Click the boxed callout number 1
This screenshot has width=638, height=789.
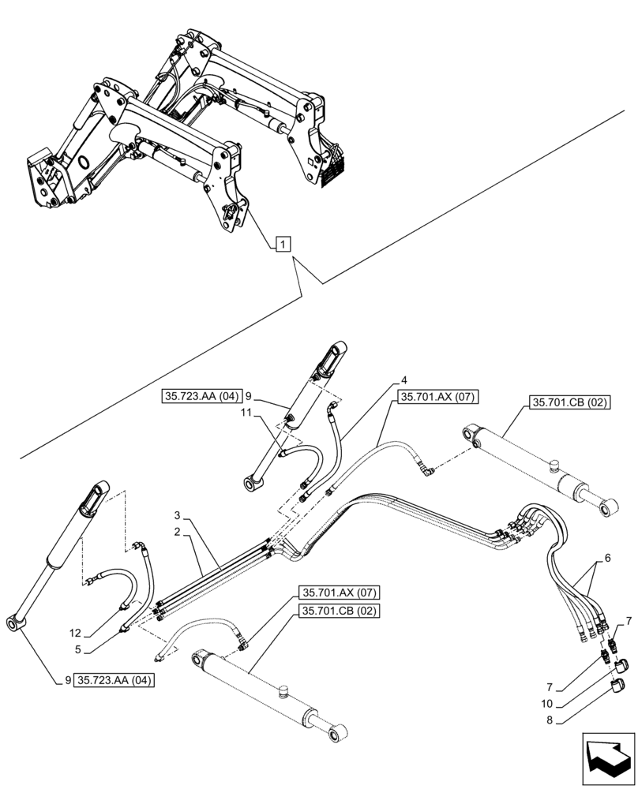pos(283,245)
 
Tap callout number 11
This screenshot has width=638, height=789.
pos(246,413)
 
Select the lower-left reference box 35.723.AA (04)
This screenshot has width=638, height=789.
pos(114,679)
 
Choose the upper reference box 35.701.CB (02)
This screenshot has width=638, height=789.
pos(569,402)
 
